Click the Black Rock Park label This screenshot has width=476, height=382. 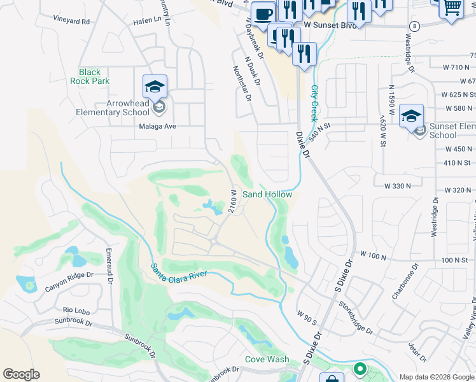(x=94, y=76)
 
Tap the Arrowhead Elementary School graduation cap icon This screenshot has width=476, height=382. (x=155, y=86)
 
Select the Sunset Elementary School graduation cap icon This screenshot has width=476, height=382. (x=412, y=115)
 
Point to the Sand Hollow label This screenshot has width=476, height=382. (x=267, y=194)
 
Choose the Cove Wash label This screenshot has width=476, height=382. (x=267, y=360)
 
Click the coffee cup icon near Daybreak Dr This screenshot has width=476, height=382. (x=263, y=13)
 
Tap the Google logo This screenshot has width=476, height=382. (x=21, y=374)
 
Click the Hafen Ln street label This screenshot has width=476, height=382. (x=147, y=20)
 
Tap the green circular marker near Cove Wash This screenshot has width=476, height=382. (x=360, y=369)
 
